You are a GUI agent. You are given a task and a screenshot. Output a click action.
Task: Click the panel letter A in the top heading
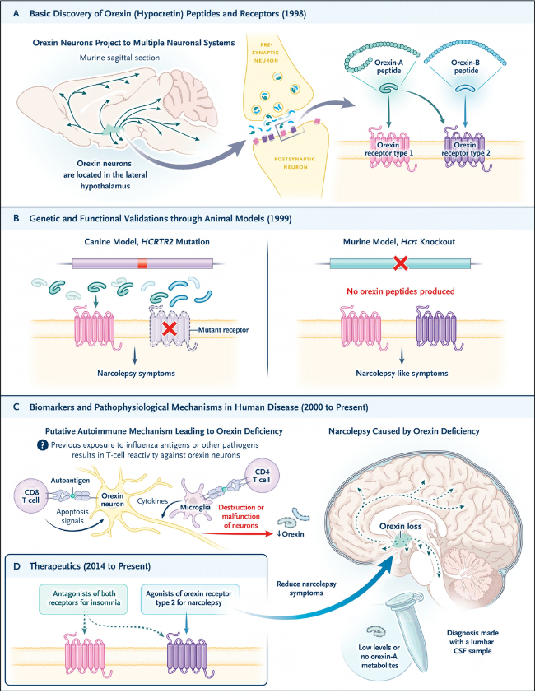16,13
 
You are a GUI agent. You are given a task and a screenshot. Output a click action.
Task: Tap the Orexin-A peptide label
388,67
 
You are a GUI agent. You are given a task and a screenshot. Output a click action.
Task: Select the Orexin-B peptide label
466,67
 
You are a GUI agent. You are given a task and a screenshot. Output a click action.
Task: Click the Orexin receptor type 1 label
388,149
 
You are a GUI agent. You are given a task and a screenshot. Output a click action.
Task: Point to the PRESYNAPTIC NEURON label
266,53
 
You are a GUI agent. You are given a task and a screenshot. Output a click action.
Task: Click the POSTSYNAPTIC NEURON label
295,163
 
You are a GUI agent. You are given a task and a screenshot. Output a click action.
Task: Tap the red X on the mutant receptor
170,329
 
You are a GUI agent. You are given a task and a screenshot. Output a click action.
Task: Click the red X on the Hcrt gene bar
401,263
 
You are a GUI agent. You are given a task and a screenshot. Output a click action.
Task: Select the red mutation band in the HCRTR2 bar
142,264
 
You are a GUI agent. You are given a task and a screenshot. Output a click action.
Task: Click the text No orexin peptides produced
401,291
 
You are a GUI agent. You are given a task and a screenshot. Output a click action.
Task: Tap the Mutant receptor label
223,330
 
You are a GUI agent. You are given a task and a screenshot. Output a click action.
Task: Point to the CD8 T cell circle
31,497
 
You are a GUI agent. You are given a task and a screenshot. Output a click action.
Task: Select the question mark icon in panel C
43,444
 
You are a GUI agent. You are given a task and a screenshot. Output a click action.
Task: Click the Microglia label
195,507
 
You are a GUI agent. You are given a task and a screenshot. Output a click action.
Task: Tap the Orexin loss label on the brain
401,527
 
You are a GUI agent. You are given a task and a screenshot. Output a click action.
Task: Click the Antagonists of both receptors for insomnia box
84,598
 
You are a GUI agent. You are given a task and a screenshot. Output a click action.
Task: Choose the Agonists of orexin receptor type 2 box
188,598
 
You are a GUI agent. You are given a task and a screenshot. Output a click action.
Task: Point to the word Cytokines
152,501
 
